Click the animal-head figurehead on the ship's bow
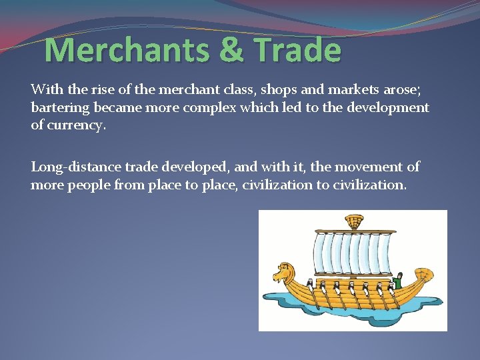pyautogui.click(x=282, y=273)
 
